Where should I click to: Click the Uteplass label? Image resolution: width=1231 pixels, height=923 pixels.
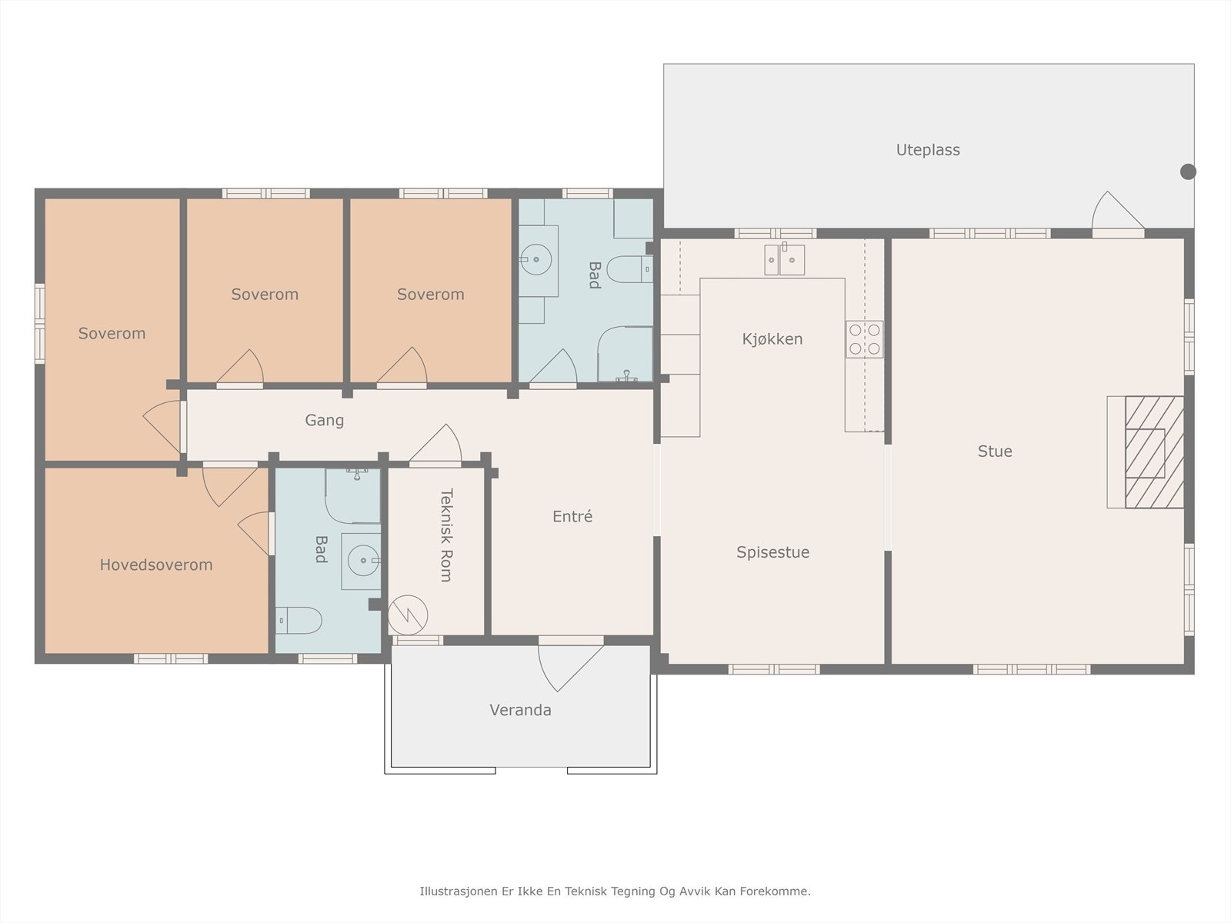click(x=928, y=150)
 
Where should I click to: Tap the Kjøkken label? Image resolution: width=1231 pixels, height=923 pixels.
click(x=772, y=339)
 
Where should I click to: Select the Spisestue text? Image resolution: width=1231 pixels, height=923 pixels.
click(x=772, y=552)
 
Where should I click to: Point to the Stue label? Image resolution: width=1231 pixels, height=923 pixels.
click(x=995, y=452)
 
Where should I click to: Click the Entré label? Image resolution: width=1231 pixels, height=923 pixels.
click(x=572, y=516)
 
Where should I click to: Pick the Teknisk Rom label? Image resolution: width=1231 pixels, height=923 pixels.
click(x=446, y=535)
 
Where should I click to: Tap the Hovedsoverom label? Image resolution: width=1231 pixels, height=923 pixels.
click(x=156, y=565)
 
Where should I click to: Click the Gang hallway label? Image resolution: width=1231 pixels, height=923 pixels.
click(x=324, y=420)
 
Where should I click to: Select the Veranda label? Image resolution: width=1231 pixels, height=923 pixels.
click(x=520, y=710)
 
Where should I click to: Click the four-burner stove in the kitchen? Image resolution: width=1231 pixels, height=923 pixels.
click(x=864, y=339)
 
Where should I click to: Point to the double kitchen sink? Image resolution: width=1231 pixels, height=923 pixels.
click(x=784, y=259)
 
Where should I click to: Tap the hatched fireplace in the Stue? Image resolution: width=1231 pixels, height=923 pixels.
click(x=1154, y=452)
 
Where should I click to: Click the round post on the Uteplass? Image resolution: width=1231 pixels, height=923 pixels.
click(x=1188, y=172)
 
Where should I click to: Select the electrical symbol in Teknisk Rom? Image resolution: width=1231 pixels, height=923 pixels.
click(x=408, y=615)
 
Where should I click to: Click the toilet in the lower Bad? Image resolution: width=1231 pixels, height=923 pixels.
click(x=299, y=621)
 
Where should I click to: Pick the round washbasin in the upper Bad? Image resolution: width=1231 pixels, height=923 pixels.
click(x=536, y=259)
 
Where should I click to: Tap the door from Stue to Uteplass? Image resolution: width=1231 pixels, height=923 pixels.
click(x=1118, y=214)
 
